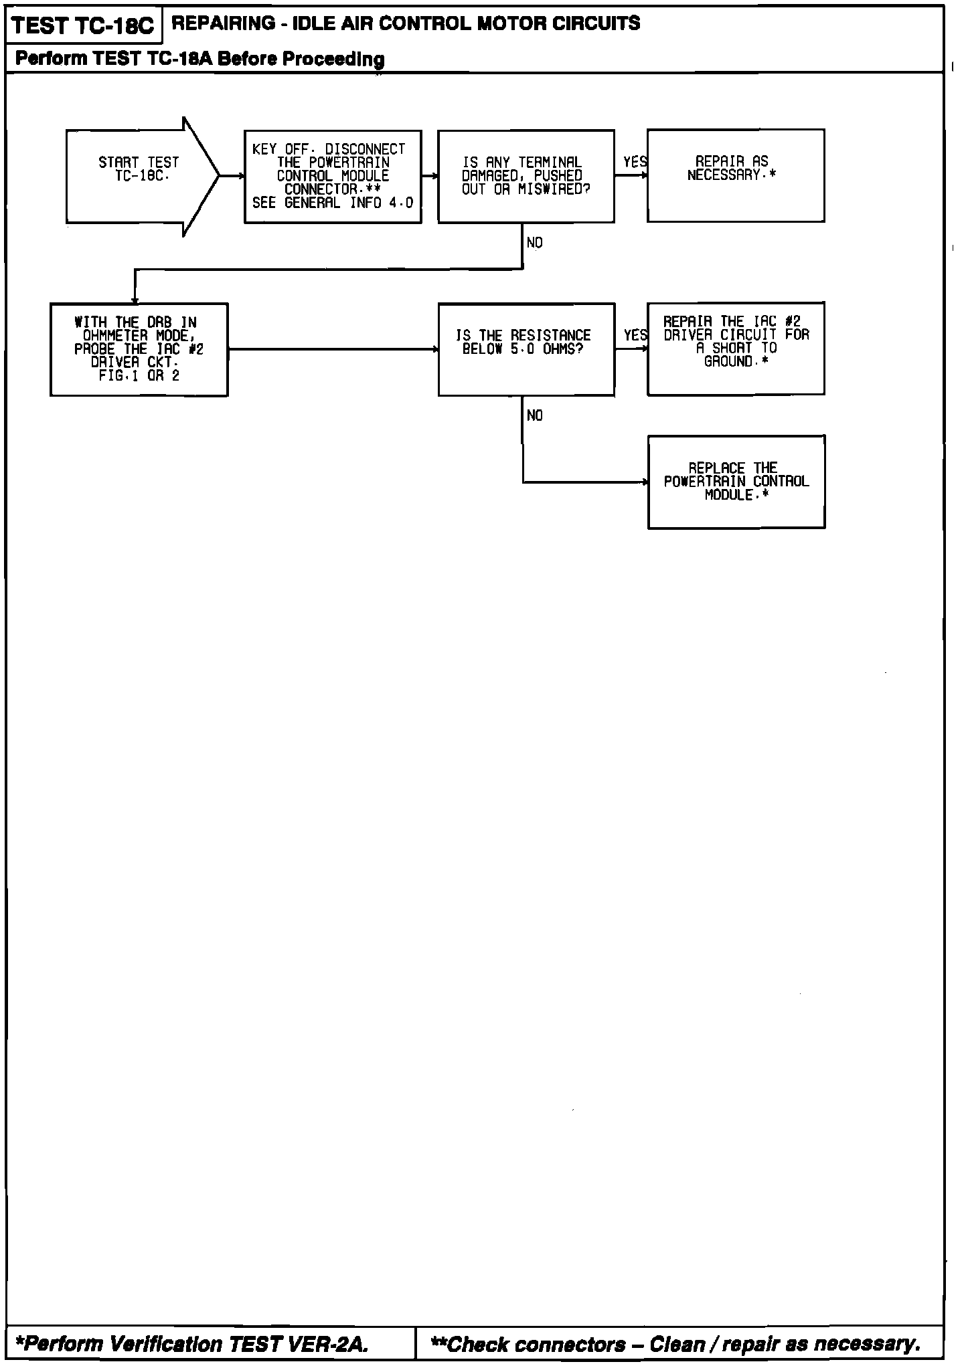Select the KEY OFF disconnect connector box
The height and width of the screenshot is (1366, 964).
point(333,177)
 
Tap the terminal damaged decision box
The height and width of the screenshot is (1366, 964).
point(526,176)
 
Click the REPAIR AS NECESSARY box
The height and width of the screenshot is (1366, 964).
point(735,175)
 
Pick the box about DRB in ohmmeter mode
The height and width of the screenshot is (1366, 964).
point(139,349)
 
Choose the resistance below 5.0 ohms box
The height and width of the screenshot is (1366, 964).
point(526,349)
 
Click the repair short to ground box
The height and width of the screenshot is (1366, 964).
point(735,348)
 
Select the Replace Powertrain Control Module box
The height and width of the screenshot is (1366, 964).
point(736,482)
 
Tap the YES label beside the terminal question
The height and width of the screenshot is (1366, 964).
point(635,163)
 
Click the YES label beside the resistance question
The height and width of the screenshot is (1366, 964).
point(635,335)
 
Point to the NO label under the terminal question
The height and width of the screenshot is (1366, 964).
point(534,243)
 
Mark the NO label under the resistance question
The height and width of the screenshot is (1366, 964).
point(534,416)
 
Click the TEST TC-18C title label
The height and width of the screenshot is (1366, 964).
point(83,26)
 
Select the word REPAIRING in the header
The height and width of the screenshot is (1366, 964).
point(223,23)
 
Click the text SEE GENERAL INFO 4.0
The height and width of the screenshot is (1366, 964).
point(333,203)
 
